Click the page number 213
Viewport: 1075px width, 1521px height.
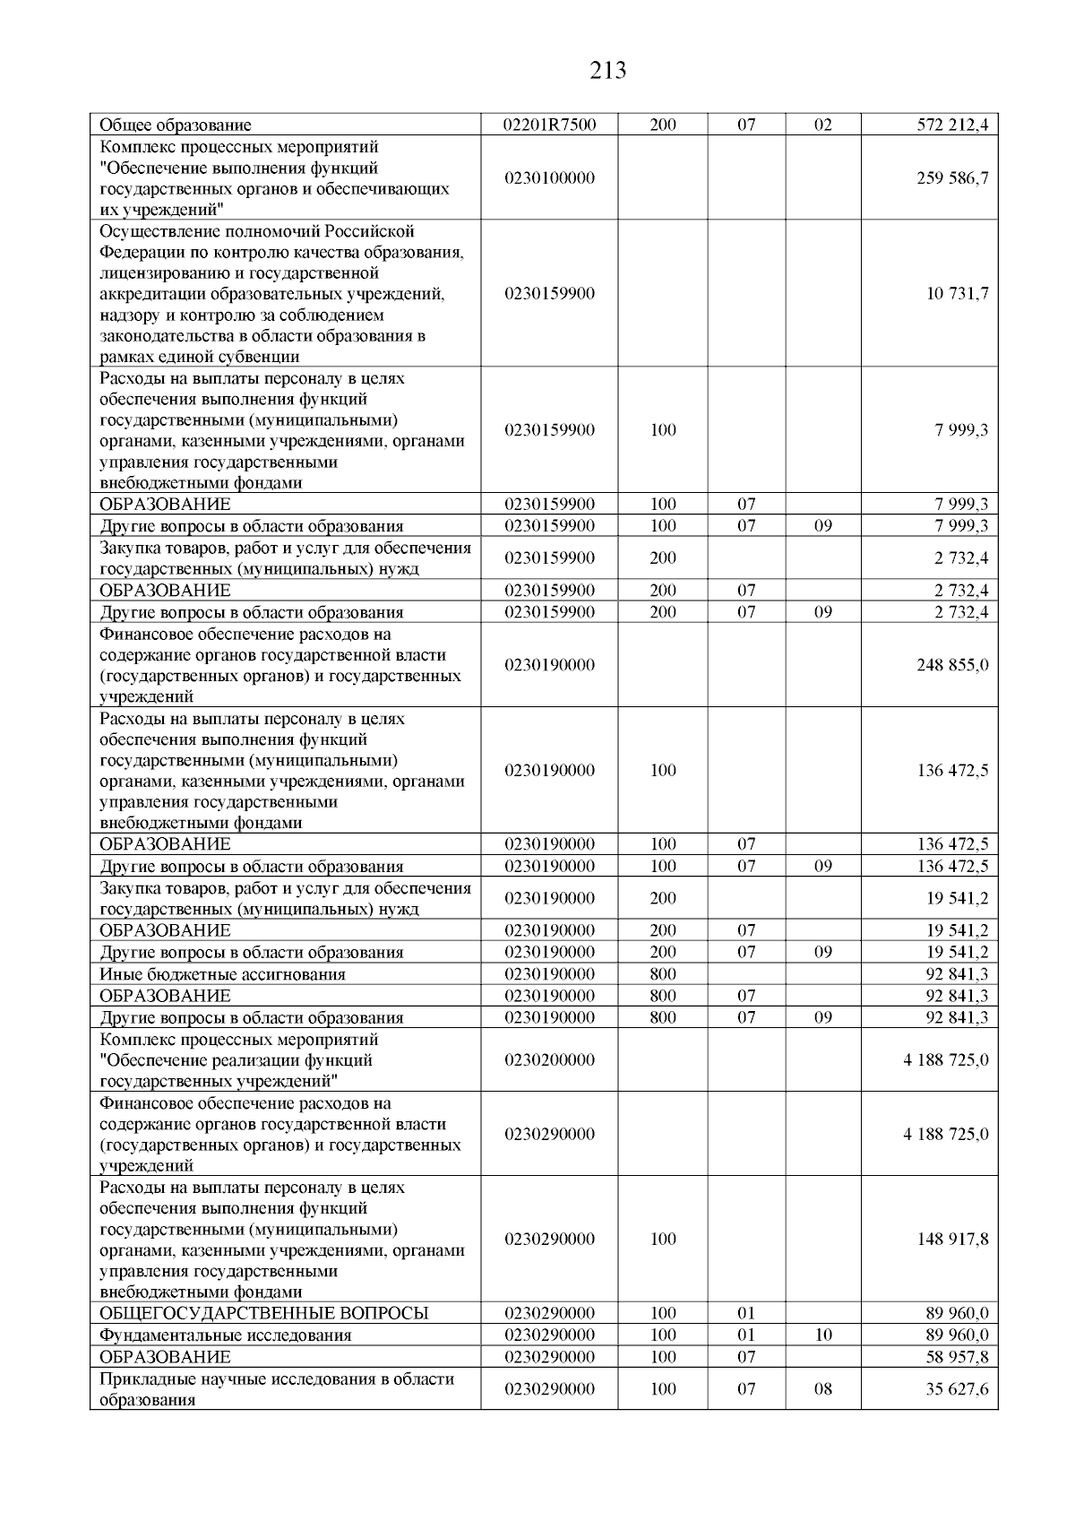[x=608, y=70]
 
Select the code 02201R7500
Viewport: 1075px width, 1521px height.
[x=549, y=125]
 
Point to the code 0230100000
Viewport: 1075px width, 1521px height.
[x=549, y=177]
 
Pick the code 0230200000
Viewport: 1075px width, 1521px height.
[x=549, y=1059]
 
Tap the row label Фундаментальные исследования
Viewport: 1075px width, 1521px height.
[x=225, y=1335]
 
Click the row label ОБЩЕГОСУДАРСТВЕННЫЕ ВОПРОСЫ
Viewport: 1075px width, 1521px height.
[x=263, y=1313]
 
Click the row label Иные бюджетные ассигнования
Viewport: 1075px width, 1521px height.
[x=222, y=974]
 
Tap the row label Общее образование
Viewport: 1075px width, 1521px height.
[x=175, y=125]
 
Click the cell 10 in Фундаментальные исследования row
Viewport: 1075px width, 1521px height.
[x=822, y=1335]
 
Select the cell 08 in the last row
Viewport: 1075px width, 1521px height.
[x=822, y=1388]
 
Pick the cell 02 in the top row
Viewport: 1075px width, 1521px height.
[x=822, y=125]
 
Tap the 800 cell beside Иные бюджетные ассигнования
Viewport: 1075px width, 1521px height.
[x=662, y=974]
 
